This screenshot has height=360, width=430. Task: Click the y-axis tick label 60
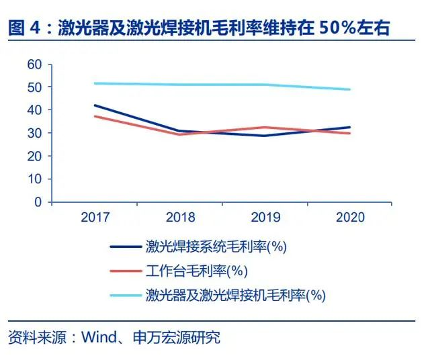pyautogui.click(x=34, y=64)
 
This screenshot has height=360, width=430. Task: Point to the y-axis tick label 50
pyautogui.click(x=34, y=87)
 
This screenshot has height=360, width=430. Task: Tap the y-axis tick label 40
pyautogui.click(x=34, y=110)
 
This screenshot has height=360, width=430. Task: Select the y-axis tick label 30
pyautogui.click(x=34, y=133)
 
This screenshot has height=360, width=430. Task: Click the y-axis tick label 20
pyautogui.click(x=34, y=156)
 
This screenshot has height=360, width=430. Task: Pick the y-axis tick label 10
pyautogui.click(x=34, y=179)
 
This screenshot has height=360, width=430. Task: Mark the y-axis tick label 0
pyautogui.click(x=38, y=201)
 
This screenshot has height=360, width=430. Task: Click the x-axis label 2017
pyautogui.click(x=95, y=218)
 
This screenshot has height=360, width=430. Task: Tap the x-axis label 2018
pyautogui.click(x=179, y=218)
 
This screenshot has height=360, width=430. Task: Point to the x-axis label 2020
pyautogui.click(x=349, y=218)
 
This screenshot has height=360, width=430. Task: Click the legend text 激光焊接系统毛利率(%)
pyautogui.click(x=216, y=246)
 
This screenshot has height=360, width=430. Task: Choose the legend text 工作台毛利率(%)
pyautogui.click(x=196, y=271)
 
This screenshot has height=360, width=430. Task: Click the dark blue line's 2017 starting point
pyautogui.click(x=95, y=105)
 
